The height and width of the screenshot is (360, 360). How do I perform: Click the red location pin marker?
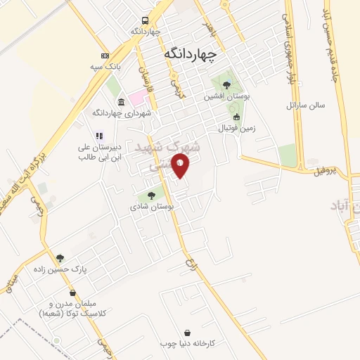coord(181,165)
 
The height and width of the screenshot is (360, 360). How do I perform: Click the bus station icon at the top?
coord(145,21)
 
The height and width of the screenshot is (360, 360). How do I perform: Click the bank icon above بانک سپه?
coord(105,56)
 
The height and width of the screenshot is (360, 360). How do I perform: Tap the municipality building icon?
coord(121,101)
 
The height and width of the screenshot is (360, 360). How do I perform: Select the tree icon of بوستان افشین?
coord(225,84)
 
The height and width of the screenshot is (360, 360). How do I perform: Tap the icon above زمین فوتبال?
coord(236,117)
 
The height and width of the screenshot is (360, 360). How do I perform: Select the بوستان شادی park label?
coord(151,207)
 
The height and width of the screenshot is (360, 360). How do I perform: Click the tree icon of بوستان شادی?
coord(151,195)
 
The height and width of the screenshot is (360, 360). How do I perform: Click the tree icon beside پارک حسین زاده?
coord(60,258)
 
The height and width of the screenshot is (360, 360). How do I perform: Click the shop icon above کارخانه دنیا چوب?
coord(187,332)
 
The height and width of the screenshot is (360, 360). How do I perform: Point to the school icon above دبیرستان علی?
coord(99,136)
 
